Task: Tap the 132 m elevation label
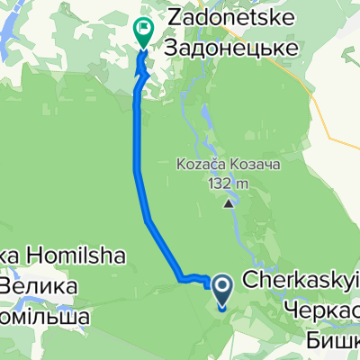click(x=228, y=184)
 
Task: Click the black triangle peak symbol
click(x=228, y=202)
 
